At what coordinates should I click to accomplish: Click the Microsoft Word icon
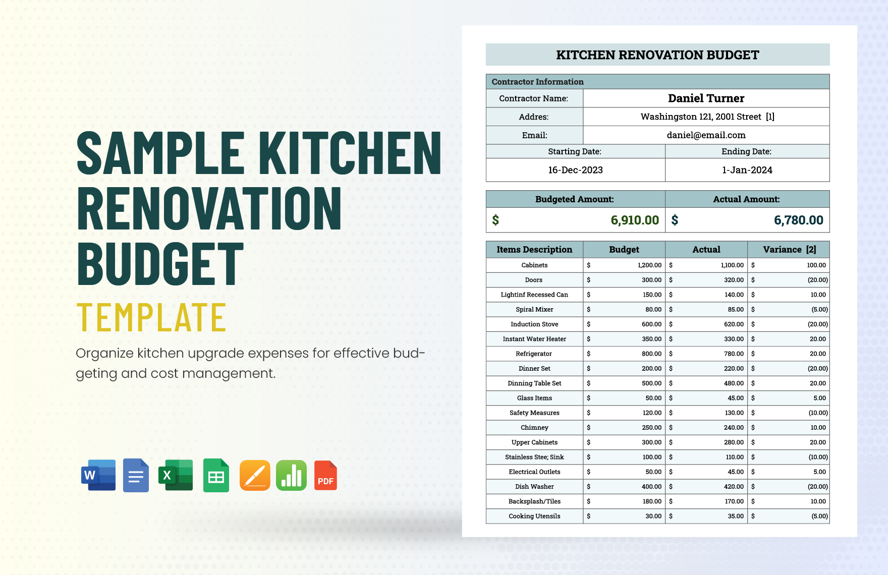[x=98, y=475]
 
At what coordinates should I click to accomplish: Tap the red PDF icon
[x=325, y=475]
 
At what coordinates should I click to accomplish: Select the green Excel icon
[x=176, y=475]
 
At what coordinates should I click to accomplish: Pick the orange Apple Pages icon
[x=255, y=475]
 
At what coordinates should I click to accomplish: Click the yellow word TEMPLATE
[x=151, y=318]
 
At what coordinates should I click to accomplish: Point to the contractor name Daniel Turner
[x=706, y=98]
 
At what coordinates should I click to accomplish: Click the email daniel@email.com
[x=706, y=135]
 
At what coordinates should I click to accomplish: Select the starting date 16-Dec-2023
[x=575, y=170]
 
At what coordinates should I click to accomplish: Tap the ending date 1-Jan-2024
[x=747, y=170]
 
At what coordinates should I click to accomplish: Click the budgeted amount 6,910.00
[x=634, y=220]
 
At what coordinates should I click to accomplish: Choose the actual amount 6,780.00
[x=798, y=220]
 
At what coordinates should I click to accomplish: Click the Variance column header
[x=789, y=250]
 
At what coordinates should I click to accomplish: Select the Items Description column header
[x=534, y=250]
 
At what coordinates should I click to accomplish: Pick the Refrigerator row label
[x=534, y=354]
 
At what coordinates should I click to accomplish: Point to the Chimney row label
[x=534, y=428]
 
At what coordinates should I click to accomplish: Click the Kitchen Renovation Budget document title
[x=657, y=55]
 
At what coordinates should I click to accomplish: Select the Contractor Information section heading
[x=537, y=82]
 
